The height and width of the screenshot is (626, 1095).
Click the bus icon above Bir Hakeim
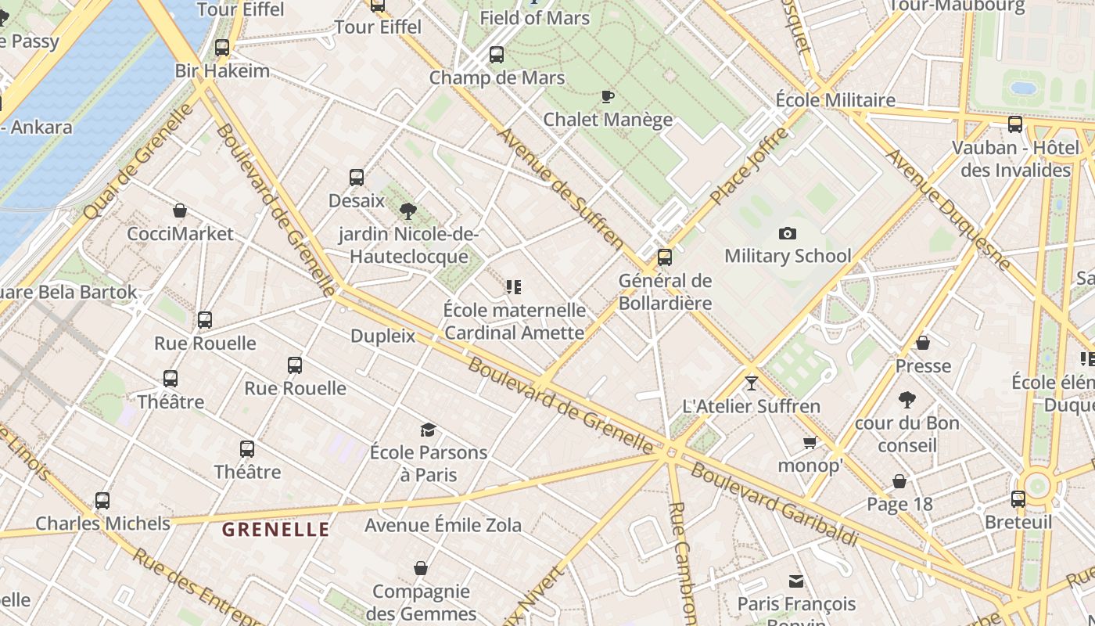(x=222, y=48)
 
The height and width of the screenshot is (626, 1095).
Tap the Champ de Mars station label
(x=497, y=77)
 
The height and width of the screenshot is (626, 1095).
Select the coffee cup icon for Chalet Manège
(x=607, y=97)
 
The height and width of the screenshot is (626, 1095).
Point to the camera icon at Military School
(x=788, y=233)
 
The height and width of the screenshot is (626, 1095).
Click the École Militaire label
(x=835, y=100)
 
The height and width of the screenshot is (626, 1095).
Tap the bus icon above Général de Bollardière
(x=665, y=257)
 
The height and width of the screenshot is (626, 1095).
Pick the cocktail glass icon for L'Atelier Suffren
(x=752, y=383)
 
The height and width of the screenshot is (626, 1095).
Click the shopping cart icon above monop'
(x=810, y=443)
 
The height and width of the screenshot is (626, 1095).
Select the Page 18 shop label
(x=899, y=504)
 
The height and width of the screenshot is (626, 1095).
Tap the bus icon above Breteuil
(x=1018, y=499)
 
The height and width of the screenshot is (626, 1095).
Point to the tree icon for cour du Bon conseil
(x=907, y=401)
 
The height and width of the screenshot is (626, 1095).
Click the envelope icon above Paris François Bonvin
(x=796, y=581)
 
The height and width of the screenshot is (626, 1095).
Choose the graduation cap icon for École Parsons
(x=428, y=430)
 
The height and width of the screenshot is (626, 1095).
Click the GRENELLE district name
(x=275, y=530)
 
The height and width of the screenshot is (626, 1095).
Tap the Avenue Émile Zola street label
(x=443, y=524)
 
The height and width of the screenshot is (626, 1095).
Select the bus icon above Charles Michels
(x=102, y=501)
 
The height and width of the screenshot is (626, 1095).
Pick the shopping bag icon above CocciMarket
(x=180, y=210)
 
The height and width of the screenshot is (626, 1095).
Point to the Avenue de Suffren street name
(x=560, y=188)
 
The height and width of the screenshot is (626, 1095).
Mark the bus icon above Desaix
(x=357, y=178)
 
